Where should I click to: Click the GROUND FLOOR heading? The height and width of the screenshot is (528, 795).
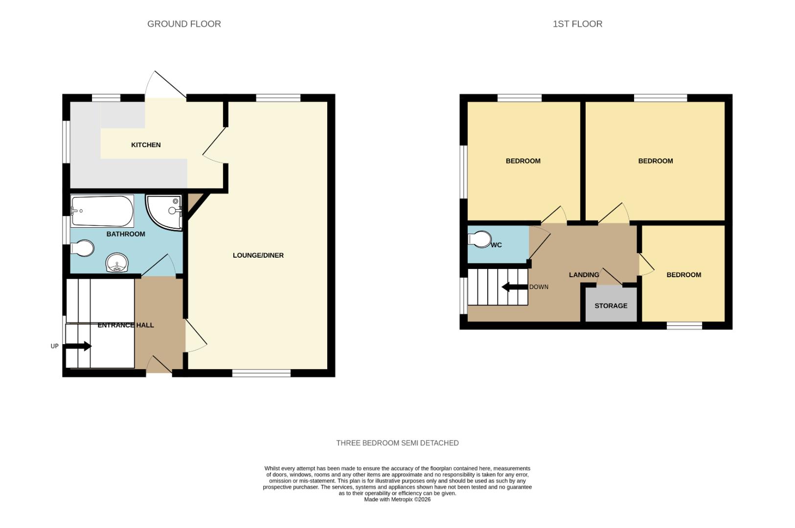click(184, 24)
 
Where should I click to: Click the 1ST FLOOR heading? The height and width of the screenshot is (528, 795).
click(577, 24)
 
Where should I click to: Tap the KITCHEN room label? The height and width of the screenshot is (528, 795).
click(146, 145)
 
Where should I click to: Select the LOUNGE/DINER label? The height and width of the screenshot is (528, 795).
click(258, 255)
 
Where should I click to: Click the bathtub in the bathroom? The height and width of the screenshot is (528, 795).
click(102, 211)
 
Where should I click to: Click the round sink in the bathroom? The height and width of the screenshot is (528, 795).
click(117, 263)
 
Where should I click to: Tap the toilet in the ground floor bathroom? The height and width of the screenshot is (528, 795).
click(82, 248)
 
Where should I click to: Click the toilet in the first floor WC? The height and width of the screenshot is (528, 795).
click(480, 239)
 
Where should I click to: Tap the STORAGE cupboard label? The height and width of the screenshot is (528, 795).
click(611, 306)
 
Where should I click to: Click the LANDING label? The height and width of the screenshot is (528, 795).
click(584, 275)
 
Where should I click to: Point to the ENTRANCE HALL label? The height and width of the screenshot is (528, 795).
click(126, 325)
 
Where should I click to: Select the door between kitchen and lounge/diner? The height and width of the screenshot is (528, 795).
click(214, 144)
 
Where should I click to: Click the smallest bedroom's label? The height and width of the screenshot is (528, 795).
click(683, 275)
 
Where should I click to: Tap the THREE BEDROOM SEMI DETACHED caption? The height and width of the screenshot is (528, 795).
click(397, 443)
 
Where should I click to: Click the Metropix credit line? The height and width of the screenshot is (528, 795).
click(397, 500)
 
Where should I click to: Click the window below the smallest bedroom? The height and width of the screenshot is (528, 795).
click(684, 326)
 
